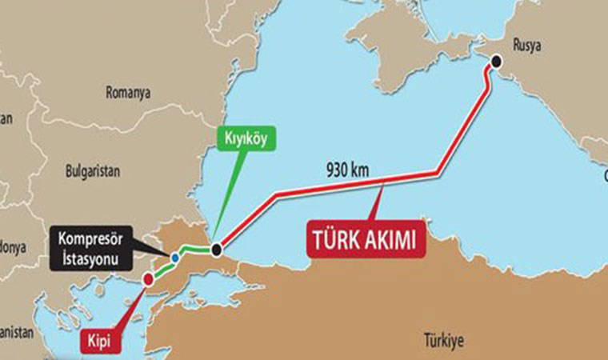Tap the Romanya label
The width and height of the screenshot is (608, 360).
point(128,93)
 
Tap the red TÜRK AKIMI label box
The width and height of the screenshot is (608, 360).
point(363,240)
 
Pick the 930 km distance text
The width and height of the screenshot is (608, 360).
point(349,170)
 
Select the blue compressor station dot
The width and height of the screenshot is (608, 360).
point(174,257)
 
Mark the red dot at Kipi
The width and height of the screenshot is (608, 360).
point(148,279)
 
